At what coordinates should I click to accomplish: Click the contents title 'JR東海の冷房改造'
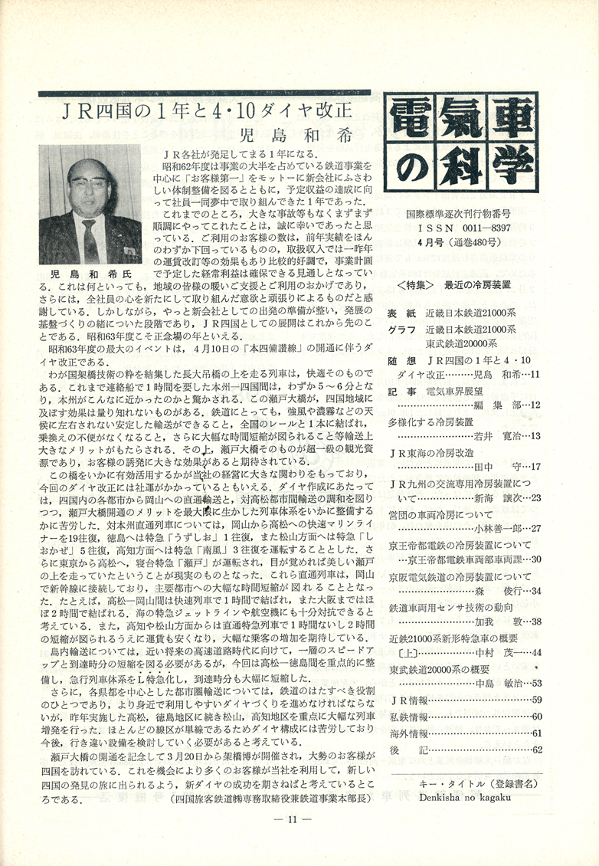[433, 452]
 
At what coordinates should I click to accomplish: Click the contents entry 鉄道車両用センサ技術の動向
[455, 607]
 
